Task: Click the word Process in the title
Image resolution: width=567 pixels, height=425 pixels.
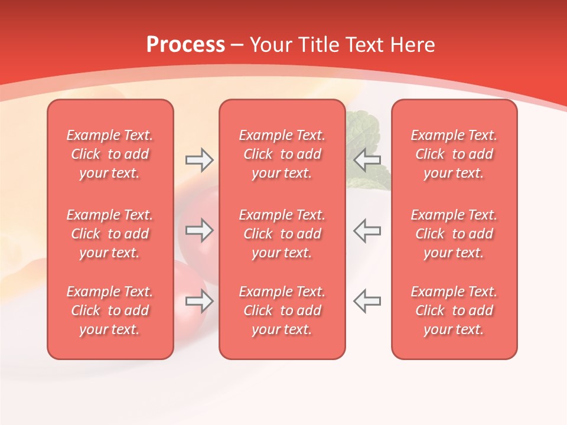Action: [x=185, y=45]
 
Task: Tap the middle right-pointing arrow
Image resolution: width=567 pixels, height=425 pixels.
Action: [x=200, y=230]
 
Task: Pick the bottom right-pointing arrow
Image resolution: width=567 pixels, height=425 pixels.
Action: [x=200, y=301]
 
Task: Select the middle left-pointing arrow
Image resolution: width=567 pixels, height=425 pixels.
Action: [x=367, y=230]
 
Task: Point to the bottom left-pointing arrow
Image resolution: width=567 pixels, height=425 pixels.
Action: [x=367, y=301]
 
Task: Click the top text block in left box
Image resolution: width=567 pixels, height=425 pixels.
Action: [x=110, y=154]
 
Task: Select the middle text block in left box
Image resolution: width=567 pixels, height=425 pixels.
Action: [x=110, y=234]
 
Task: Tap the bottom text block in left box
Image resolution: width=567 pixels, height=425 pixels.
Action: [x=110, y=310]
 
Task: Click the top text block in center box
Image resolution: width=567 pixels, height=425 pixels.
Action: [x=282, y=154]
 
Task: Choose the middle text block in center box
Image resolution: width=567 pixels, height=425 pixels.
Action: [x=282, y=234]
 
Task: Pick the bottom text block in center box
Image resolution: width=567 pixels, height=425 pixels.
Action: [x=282, y=310]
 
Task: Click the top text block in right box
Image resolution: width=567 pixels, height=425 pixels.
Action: [x=454, y=154]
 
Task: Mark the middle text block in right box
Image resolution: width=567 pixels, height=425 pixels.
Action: [x=454, y=234]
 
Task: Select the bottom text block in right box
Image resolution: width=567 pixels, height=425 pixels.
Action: [x=454, y=310]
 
